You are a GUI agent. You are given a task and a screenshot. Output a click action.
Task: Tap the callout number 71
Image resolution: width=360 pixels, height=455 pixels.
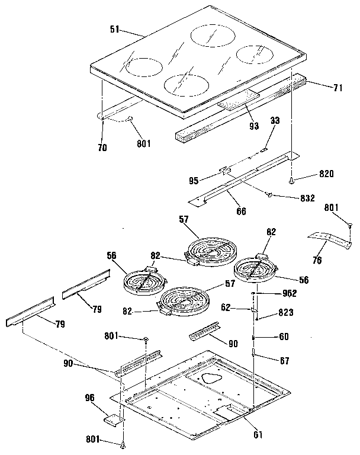338,88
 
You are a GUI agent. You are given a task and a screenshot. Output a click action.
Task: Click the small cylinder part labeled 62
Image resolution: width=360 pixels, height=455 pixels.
254,309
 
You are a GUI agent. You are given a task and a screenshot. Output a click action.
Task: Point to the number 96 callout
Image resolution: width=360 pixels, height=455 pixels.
89,399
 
